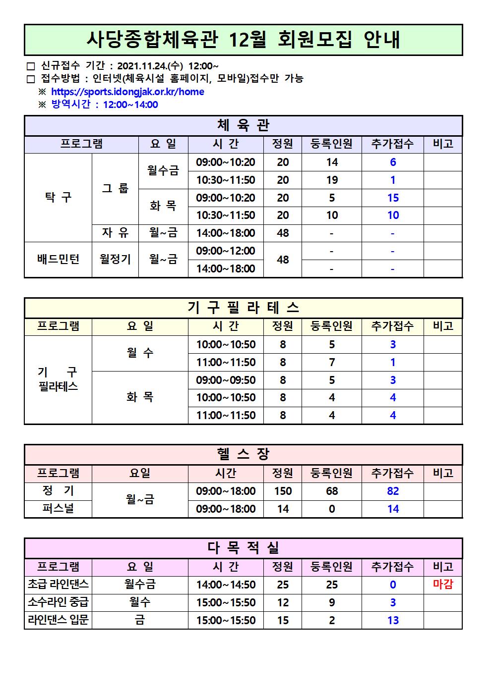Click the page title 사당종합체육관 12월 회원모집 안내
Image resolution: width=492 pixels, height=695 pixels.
pyautogui.click(x=243, y=40)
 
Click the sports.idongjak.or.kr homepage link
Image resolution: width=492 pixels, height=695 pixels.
pyautogui.click(x=127, y=92)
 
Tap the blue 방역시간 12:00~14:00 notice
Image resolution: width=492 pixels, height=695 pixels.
pyautogui.click(x=105, y=105)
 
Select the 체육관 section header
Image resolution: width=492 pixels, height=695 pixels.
pyautogui.click(x=243, y=126)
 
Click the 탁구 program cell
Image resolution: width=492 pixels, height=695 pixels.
pyautogui.click(x=58, y=197)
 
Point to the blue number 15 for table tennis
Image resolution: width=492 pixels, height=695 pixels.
pyautogui.click(x=393, y=198)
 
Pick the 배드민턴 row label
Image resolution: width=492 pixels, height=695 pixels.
pyautogui.click(x=58, y=259)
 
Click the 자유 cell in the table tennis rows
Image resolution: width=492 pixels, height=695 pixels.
pyautogui.click(x=115, y=233)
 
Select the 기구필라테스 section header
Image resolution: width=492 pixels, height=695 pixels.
pyautogui.click(x=243, y=308)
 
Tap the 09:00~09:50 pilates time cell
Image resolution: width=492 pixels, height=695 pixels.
pyautogui.click(x=226, y=380)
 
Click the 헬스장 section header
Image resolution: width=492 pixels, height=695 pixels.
pyautogui.click(x=243, y=454)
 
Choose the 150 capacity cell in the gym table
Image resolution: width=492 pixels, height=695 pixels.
pyautogui.click(x=283, y=491)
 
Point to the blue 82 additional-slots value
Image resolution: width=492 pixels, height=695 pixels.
pyautogui.click(x=393, y=491)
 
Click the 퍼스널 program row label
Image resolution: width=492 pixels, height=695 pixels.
pyautogui.click(x=58, y=509)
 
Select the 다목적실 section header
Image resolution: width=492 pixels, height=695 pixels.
pyautogui.click(x=243, y=548)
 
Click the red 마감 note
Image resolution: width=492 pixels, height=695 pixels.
pyautogui.click(x=443, y=585)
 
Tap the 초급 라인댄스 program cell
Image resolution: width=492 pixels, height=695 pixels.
pyautogui.click(x=58, y=585)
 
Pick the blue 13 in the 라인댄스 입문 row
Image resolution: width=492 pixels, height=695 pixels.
pyautogui.click(x=393, y=620)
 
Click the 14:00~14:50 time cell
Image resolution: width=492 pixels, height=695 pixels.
pyautogui.click(x=226, y=585)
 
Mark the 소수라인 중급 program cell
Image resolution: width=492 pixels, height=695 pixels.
pyautogui.click(x=58, y=602)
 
